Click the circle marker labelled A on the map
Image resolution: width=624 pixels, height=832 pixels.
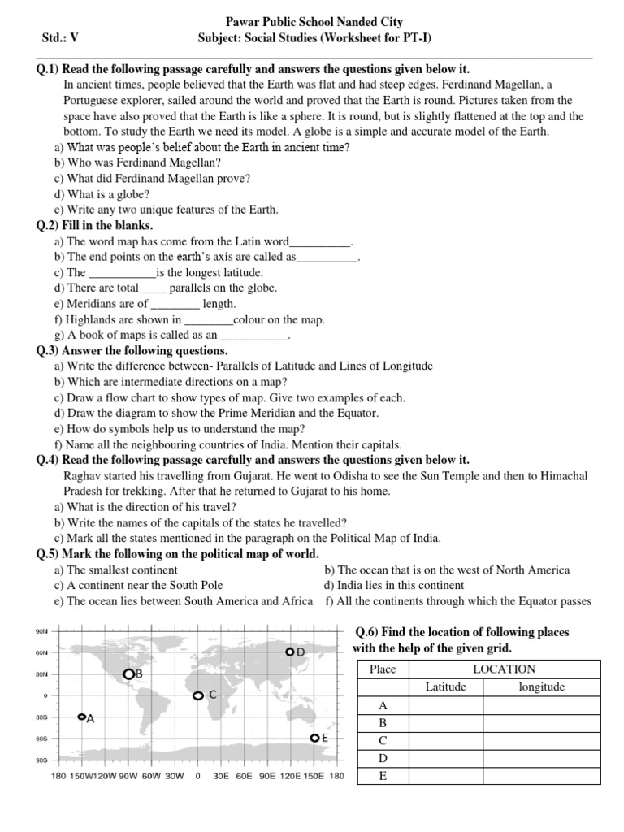pyautogui.click(x=81, y=717)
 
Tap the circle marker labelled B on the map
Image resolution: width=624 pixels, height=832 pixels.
pyautogui.click(x=128, y=674)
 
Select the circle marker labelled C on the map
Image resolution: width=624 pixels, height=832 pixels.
pyautogui.click(x=197, y=695)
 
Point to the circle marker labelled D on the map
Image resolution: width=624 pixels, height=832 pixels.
pyautogui.click(x=289, y=652)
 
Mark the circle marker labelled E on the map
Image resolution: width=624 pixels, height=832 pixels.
pyautogui.click(x=314, y=738)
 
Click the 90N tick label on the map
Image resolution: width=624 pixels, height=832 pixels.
pyautogui.click(x=42, y=631)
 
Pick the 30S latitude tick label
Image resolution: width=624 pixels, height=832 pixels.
pyautogui.click(x=42, y=717)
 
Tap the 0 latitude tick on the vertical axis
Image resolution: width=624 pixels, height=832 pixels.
pyautogui.click(x=45, y=695)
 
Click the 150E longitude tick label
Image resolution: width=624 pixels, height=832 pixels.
pyautogui.click(x=314, y=776)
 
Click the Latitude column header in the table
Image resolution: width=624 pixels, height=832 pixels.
pyautogui.click(x=446, y=687)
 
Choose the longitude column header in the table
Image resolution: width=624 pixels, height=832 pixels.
pyautogui.click(x=541, y=687)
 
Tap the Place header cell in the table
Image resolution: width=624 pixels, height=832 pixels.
pyautogui.click(x=383, y=669)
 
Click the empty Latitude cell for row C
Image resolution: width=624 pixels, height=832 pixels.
pyautogui.click(x=446, y=740)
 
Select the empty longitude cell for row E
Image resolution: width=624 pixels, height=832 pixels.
pyautogui.click(x=541, y=776)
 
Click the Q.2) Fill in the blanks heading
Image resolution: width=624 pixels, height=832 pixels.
pyautogui.click(x=95, y=225)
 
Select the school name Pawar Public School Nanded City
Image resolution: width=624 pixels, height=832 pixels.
pyautogui.click(x=312, y=22)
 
